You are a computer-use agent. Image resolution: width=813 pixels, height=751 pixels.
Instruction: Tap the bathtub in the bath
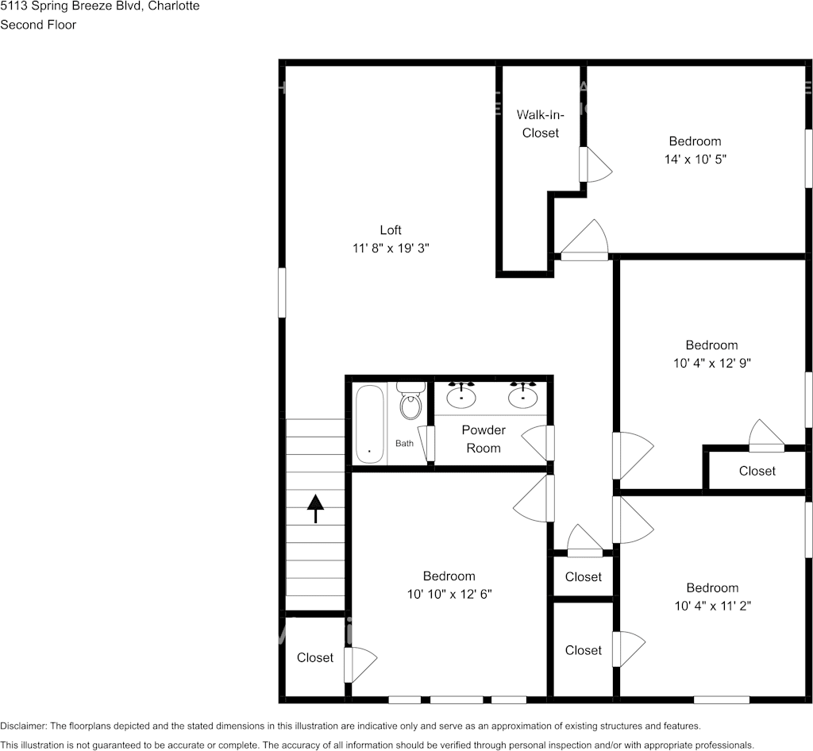[x=369, y=423]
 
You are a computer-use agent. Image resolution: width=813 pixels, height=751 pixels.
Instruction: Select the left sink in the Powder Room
[x=461, y=395]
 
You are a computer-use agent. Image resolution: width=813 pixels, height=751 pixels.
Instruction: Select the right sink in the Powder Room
[x=523, y=395]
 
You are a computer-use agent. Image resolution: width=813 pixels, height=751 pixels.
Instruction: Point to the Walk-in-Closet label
[x=540, y=124]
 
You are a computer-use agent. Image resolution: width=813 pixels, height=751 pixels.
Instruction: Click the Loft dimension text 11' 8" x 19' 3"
[x=391, y=248]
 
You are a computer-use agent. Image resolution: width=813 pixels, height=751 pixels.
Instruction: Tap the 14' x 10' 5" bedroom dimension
[x=695, y=159]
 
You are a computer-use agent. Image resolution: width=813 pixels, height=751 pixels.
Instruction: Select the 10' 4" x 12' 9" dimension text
[x=711, y=363]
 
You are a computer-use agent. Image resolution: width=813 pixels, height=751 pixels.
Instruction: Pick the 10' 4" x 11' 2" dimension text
[x=712, y=606]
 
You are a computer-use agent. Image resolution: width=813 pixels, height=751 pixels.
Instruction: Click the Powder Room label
[x=484, y=439]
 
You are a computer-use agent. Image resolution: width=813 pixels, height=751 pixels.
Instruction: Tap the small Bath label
[x=404, y=443]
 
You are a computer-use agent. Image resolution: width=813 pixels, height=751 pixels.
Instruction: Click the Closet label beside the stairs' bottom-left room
[x=315, y=657]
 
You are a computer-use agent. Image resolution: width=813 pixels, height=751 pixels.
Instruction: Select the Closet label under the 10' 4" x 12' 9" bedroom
[x=757, y=471]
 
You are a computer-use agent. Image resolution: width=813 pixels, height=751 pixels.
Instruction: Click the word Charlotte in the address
[x=175, y=6]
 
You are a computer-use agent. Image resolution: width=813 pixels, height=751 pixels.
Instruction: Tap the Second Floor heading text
[x=37, y=25]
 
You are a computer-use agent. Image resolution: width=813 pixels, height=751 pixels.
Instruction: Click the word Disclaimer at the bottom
[x=23, y=726]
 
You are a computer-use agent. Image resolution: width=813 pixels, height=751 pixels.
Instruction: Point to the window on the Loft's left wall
[x=282, y=293]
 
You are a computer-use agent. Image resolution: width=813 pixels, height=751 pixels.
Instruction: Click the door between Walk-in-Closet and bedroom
[x=594, y=164]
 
